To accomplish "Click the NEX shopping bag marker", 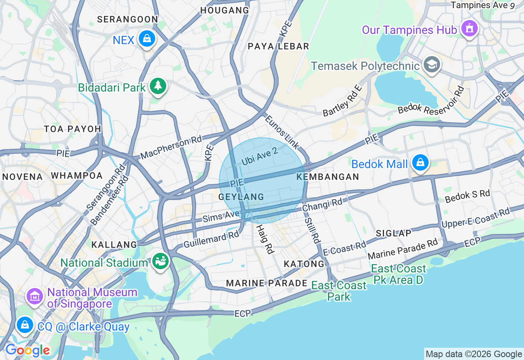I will coord(147,39).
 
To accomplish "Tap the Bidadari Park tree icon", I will coord(158,86).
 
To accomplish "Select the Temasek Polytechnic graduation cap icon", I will coord(431,65).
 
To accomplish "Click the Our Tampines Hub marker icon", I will coord(470,29).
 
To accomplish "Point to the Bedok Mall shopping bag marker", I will coord(420,163).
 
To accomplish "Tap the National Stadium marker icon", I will coord(160,261).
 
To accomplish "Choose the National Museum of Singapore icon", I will coord(35,296).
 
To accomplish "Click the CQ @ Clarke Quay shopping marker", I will coord(25,325).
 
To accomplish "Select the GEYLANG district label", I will coord(241,197).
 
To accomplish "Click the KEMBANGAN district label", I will coord(327,177).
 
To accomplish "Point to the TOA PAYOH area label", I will coord(72,129).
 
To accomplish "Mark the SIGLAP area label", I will coord(393,233).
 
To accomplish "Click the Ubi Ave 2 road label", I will coord(260,156).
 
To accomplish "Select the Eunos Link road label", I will coord(282,132).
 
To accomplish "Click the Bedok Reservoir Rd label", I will coord(431,100).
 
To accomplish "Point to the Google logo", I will coord(27,351).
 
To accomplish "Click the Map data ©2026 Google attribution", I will coord(474,354).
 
